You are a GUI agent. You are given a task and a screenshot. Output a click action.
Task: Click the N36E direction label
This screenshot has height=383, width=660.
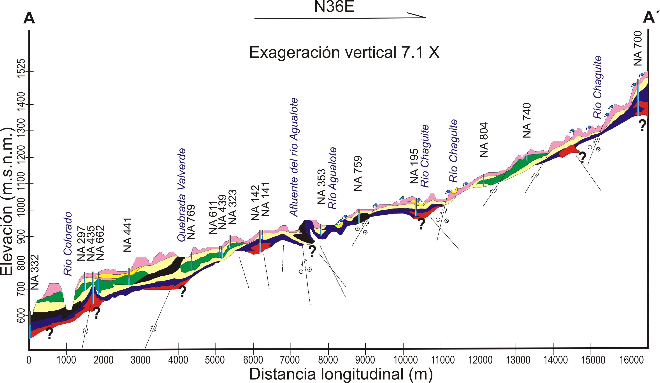point(334,7)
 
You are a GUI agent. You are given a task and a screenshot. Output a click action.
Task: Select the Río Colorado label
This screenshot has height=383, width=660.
point(68,244)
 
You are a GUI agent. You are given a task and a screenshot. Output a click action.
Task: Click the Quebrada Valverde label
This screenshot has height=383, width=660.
point(181,194)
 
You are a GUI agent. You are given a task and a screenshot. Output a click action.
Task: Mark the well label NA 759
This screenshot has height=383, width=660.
point(358,173)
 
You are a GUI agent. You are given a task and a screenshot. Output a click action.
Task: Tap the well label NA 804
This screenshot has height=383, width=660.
point(484,140)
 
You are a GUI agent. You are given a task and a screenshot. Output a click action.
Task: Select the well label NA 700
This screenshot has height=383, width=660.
point(638,48)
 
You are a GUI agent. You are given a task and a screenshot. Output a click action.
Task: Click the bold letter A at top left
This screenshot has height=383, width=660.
point(29,18)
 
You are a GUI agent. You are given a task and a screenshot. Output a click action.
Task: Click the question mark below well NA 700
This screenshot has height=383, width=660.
point(642,125)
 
